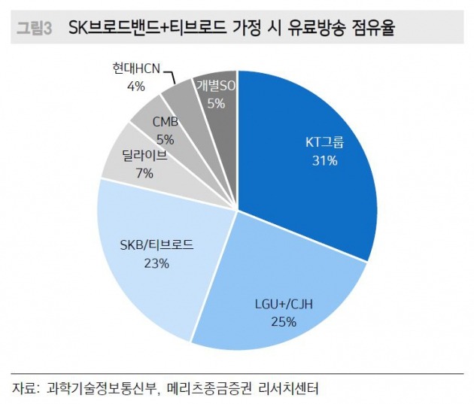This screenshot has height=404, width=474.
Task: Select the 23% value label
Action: pyautogui.click(x=156, y=263)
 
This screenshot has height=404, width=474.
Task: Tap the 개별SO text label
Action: pyautogui.click(x=216, y=87)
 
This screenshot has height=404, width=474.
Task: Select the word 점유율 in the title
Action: pyautogui.click(x=369, y=29)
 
